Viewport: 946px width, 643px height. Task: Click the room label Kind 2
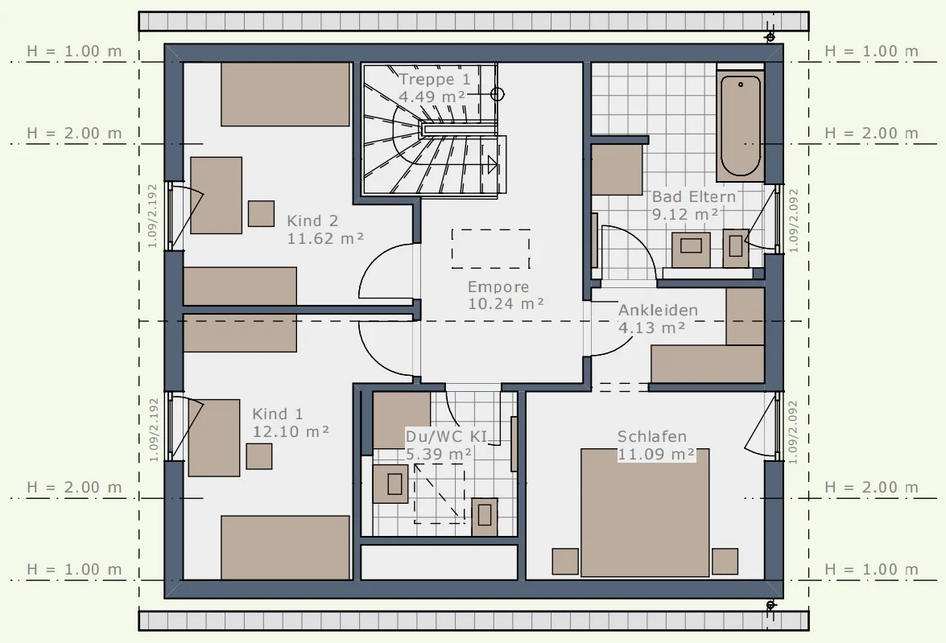click(x=312, y=221)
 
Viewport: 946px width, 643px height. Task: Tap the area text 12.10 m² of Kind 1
click(x=290, y=432)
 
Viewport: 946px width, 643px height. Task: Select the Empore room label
click(x=498, y=287)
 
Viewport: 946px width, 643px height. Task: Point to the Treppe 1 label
click(x=435, y=79)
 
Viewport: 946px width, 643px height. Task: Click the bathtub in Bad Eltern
click(x=740, y=126)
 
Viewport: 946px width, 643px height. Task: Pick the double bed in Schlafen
click(x=645, y=512)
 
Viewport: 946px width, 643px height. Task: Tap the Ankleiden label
click(x=659, y=310)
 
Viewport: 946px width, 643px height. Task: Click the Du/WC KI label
click(x=446, y=437)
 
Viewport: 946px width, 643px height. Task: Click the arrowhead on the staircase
click(x=492, y=164)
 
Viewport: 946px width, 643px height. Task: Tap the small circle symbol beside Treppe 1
click(x=497, y=94)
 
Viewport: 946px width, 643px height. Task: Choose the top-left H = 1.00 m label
click(x=74, y=52)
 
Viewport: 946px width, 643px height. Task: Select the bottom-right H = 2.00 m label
click(x=871, y=488)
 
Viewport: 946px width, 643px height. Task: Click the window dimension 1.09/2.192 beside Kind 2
click(x=152, y=216)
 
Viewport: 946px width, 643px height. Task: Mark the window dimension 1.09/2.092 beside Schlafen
click(x=793, y=432)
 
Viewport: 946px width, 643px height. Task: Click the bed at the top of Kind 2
click(x=285, y=94)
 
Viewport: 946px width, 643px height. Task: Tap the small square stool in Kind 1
click(x=259, y=456)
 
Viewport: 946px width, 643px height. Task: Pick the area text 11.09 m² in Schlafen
click(x=656, y=454)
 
